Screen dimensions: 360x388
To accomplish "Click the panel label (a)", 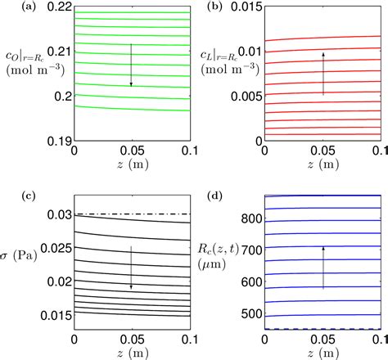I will (11, 7).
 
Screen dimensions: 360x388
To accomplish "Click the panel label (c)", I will (11, 196).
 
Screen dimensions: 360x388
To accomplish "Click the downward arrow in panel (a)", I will (131, 65).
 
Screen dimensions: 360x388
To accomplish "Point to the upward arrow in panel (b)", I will (324, 73).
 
